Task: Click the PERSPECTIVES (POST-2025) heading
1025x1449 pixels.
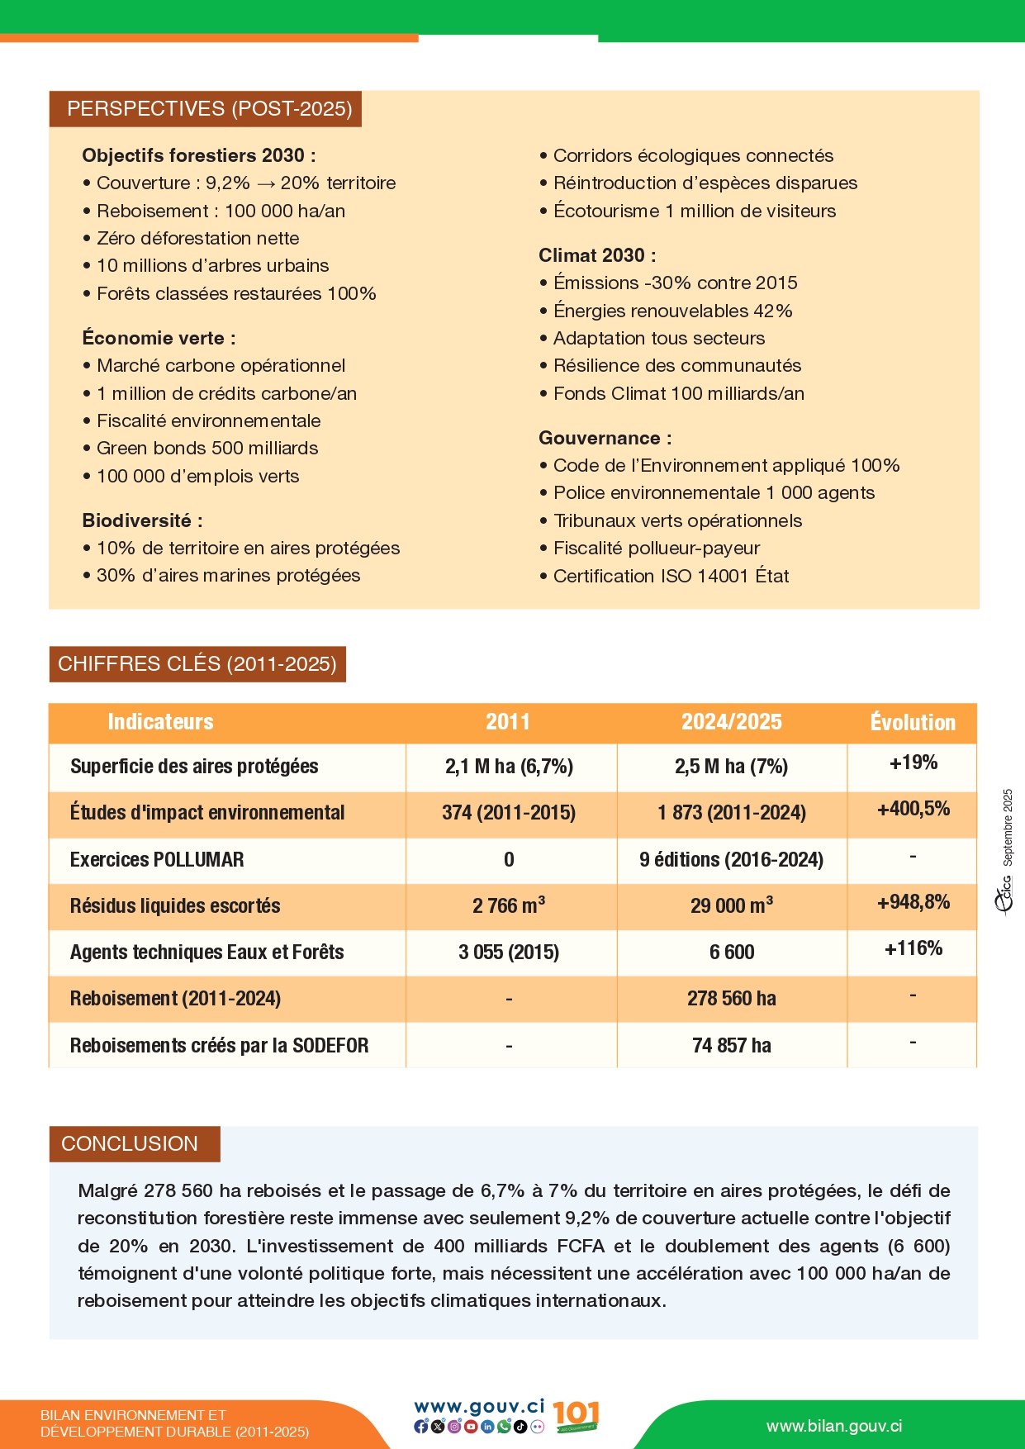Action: coord(210,109)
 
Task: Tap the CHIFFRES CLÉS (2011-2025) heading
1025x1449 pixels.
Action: coord(197,664)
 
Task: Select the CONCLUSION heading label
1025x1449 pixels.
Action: coord(130,1144)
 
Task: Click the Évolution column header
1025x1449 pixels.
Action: coord(913,723)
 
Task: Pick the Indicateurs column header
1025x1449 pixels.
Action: coord(160,722)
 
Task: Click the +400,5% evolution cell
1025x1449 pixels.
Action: coord(913,809)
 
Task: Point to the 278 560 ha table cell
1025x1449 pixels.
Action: coord(731,999)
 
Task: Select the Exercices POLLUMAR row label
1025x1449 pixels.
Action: coord(157,860)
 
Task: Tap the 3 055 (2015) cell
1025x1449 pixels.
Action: coord(509,953)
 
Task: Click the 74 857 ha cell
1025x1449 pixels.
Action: coord(731,1046)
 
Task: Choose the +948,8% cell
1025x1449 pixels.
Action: coord(913,902)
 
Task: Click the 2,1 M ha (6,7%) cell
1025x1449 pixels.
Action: coord(509,767)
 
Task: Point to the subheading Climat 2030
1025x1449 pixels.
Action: coord(597,256)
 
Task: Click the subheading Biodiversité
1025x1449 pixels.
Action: coord(142,521)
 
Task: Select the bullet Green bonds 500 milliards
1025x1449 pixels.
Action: coord(207,449)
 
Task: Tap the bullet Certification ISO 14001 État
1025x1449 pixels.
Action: coord(671,577)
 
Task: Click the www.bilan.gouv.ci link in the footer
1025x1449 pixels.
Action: coord(834,1427)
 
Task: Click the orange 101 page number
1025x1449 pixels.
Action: coord(575,1415)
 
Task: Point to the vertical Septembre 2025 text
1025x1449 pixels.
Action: coord(1008,827)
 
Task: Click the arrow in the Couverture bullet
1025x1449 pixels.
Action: coord(266,184)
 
